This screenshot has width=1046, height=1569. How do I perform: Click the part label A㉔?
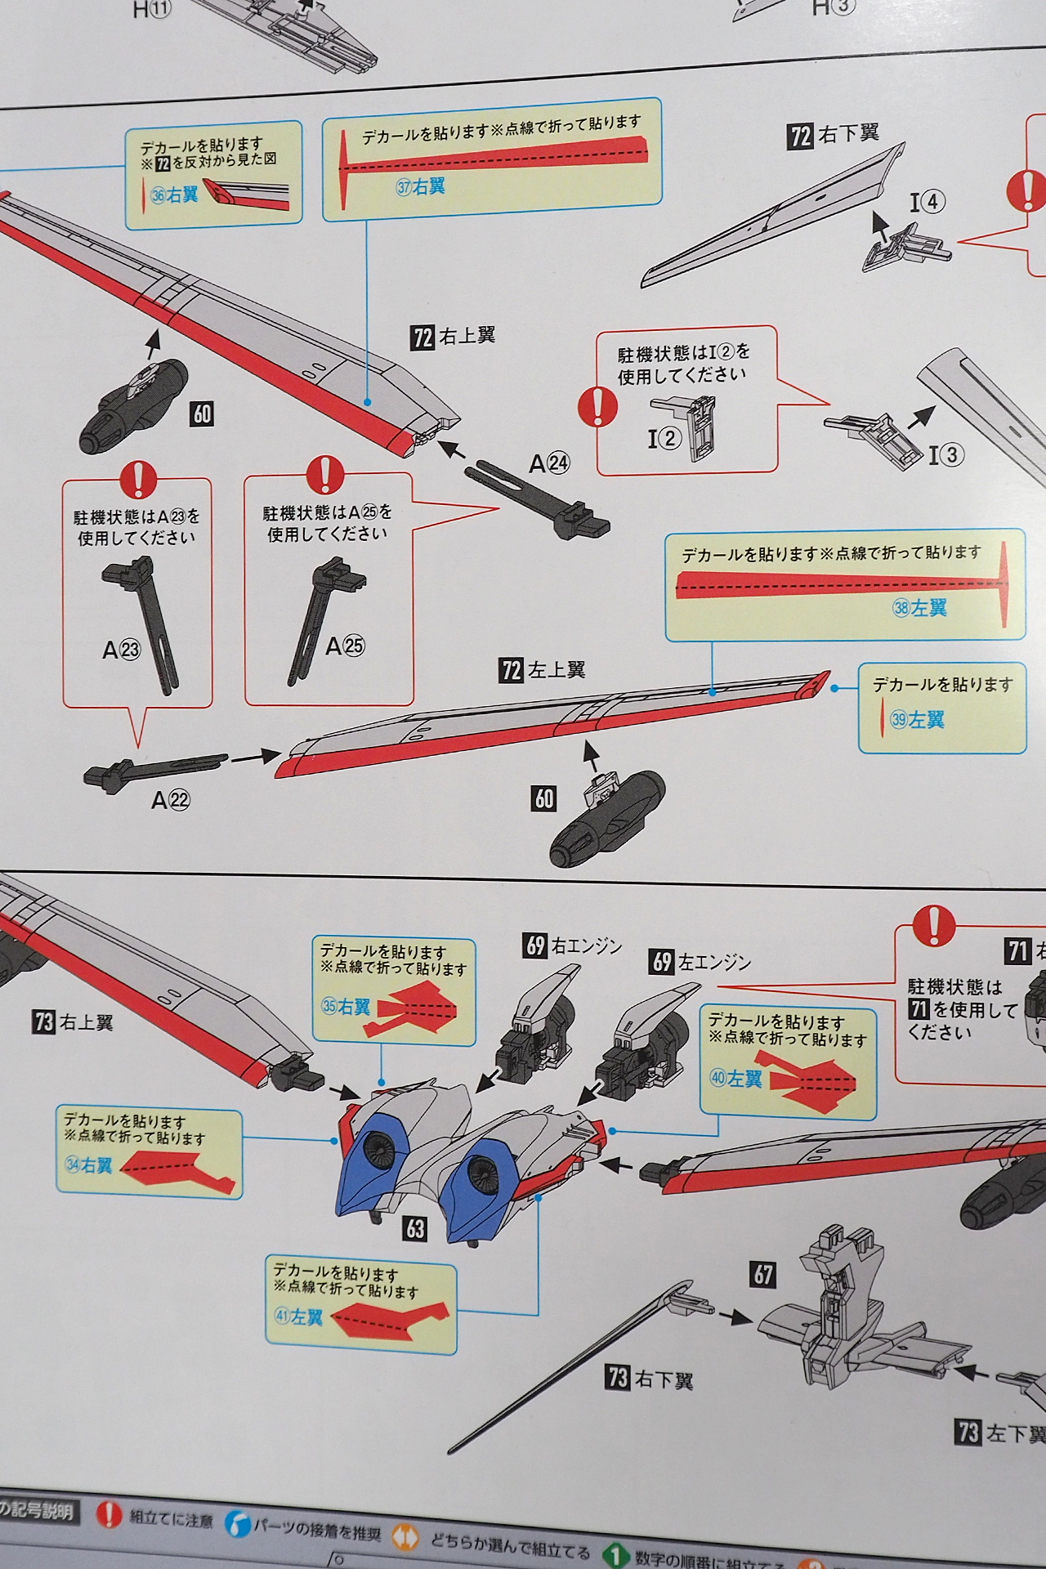[x=549, y=463]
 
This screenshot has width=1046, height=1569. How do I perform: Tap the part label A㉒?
[x=171, y=799]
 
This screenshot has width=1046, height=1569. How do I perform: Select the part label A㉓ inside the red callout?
[x=121, y=650]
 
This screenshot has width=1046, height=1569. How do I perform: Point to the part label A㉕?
[x=344, y=646]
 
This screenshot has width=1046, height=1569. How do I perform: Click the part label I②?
[x=664, y=439]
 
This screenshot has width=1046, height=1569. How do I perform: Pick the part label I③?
[x=945, y=454]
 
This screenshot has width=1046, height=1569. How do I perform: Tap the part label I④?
[x=928, y=201]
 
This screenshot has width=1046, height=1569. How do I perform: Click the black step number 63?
[x=415, y=1228]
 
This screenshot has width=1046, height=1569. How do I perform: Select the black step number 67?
[x=763, y=1274]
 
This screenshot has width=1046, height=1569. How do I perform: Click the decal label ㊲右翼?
[x=421, y=187]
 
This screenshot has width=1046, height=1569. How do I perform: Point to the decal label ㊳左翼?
[x=919, y=607]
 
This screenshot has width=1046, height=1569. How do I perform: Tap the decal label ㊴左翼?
[x=917, y=719]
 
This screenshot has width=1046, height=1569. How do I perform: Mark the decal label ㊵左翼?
[x=735, y=1079]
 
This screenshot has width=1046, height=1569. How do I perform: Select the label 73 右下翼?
[x=650, y=1379]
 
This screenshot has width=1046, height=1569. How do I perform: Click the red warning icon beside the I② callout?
[x=597, y=405]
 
